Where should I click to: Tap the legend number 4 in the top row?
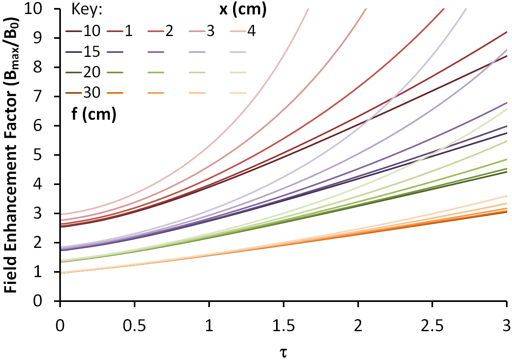(251, 31)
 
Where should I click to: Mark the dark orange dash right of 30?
(115, 94)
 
